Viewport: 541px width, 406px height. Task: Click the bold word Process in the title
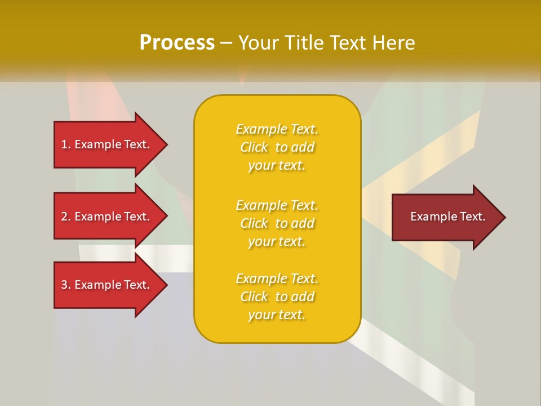point(177,43)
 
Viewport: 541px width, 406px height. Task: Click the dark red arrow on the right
point(445,217)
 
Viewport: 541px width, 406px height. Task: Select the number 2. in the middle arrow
point(66,217)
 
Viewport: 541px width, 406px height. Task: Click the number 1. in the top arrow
point(66,144)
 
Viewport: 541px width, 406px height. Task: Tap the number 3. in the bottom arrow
point(66,285)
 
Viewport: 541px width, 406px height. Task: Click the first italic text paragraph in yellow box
point(277,147)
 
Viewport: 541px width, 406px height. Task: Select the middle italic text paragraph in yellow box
point(277,223)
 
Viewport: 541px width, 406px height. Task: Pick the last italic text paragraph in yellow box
point(277,297)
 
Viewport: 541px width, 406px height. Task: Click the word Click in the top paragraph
point(254,148)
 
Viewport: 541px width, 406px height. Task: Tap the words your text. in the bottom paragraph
point(277,315)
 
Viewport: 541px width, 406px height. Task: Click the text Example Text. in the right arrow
point(447,217)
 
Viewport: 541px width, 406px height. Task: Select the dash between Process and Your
point(226,43)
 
